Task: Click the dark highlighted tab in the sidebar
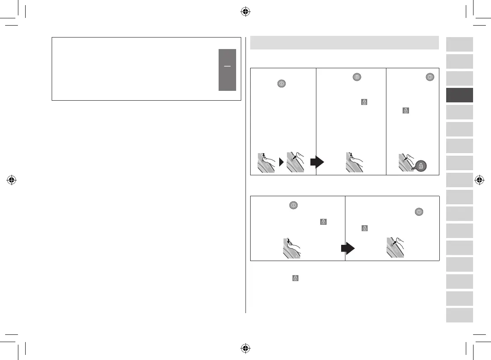click(x=459, y=95)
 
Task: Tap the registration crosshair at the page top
click(x=245, y=12)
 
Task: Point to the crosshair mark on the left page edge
click(x=12, y=180)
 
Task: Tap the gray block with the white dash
click(x=227, y=70)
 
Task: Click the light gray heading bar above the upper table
click(x=344, y=43)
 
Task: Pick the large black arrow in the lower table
click(x=350, y=248)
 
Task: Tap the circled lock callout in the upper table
click(x=421, y=166)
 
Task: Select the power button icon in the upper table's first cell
click(x=281, y=84)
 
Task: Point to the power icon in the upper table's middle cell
click(x=357, y=77)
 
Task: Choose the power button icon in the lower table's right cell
click(x=419, y=212)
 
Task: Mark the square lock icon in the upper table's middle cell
click(x=364, y=102)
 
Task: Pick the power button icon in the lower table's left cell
click(x=293, y=205)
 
